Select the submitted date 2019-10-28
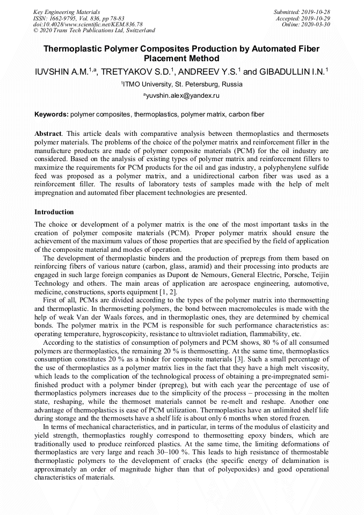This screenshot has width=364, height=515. click(x=315, y=11)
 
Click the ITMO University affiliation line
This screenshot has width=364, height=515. click(x=181, y=84)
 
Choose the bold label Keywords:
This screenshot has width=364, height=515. click(x=52, y=114)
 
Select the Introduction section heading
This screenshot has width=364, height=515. click(x=54, y=212)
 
